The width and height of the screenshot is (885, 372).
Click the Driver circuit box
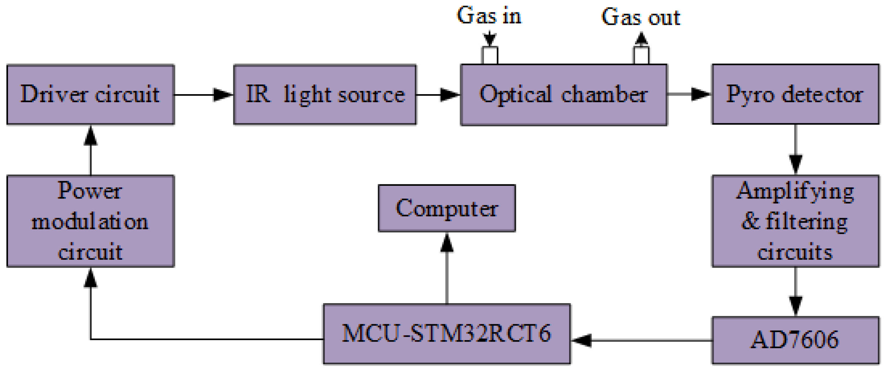pos(91,95)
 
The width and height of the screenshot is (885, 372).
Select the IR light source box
pos(325,95)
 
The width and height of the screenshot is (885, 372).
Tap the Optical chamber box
pos(563,95)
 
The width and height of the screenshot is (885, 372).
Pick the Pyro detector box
pos(795,95)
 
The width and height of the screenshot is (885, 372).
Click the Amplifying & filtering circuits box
pos(795,221)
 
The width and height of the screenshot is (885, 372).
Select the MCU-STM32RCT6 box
pos(447,334)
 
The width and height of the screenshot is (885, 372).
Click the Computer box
pos(447,208)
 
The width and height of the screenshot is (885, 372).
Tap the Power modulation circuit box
pos(91,221)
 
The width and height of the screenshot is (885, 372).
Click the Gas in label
pos(489,16)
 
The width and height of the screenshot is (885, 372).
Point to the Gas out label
pos(640,17)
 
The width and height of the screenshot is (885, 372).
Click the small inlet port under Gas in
pos(490,55)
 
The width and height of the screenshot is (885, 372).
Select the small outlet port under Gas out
pos(641,55)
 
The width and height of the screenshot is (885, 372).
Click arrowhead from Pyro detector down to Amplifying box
pos(795,164)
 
